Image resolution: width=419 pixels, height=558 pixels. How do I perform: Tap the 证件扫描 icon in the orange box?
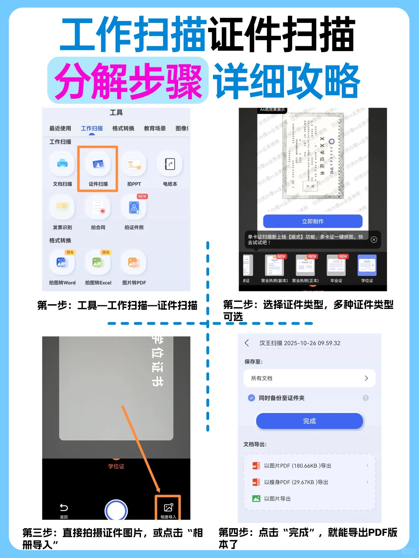pyautogui.click(x=98, y=165)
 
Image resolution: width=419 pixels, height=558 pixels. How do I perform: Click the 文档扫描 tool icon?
pyautogui.click(x=62, y=165)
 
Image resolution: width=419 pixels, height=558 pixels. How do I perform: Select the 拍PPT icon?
pyautogui.click(x=134, y=165)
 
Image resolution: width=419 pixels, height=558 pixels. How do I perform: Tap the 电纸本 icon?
pyautogui.click(x=170, y=165)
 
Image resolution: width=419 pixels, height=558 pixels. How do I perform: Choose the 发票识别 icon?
pyautogui.click(x=62, y=208)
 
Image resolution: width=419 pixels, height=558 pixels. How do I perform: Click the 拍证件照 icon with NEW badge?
pyautogui.click(x=134, y=208)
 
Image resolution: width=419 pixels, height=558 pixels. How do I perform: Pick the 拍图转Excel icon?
pyautogui.click(x=98, y=263)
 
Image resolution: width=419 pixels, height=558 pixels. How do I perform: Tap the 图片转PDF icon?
pyautogui.click(x=134, y=263)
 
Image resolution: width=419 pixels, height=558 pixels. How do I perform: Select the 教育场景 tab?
pyautogui.click(x=155, y=128)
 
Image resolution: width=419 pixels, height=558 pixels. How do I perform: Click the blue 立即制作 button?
pyautogui.click(x=313, y=221)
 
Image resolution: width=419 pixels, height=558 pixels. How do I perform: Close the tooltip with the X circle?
pyautogui.click(x=374, y=239)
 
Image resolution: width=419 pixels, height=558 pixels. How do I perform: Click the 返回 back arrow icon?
pyautogui.click(x=64, y=508)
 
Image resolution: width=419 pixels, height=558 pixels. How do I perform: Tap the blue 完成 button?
pyautogui.click(x=309, y=421)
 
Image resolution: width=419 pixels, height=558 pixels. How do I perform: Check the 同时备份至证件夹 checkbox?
pyautogui.click(x=251, y=398)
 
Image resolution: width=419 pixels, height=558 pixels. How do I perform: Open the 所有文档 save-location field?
pyautogui.click(x=309, y=378)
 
